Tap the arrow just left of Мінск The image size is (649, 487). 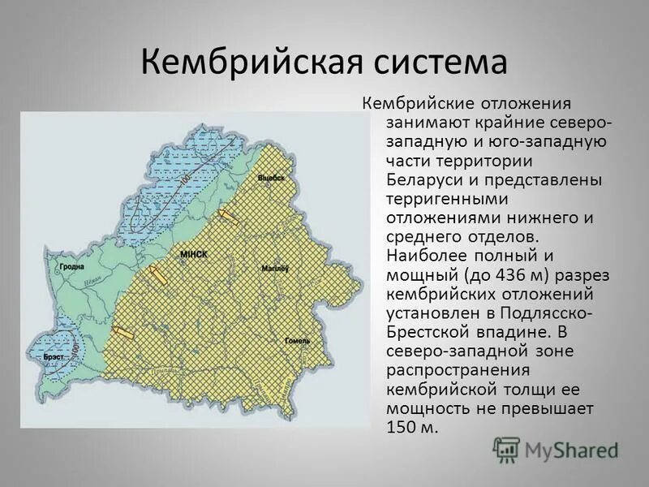tap(157, 275)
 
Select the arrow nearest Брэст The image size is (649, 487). tap(122, 331)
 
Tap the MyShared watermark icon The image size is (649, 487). tap(507, 449)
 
